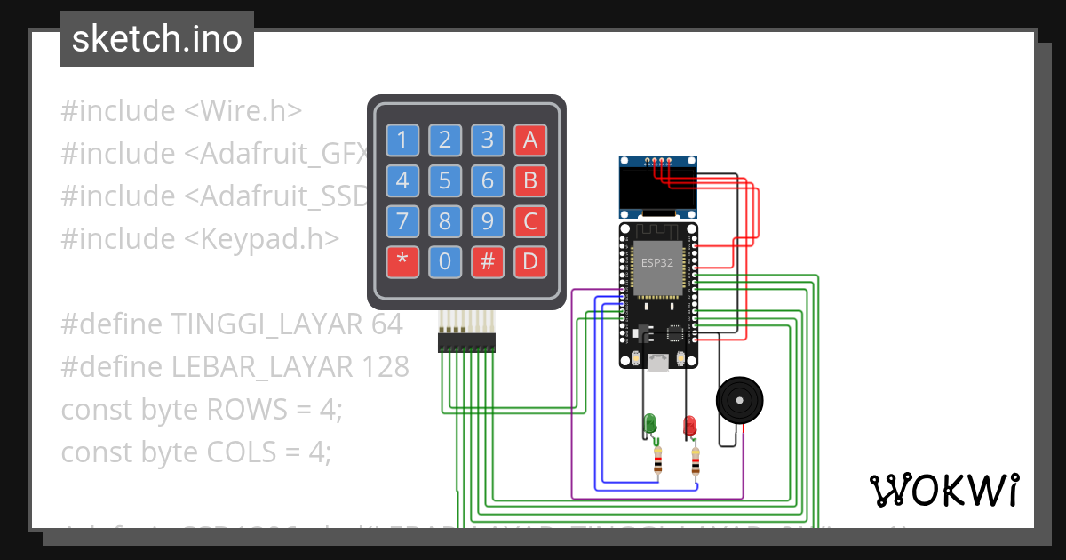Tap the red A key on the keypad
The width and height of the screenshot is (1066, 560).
[530, 140]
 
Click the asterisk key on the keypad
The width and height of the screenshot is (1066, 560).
[402, 262]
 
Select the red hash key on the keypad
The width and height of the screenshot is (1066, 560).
[488, 262]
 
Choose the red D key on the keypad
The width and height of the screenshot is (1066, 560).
[530, 262]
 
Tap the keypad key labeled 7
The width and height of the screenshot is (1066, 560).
[402, 221]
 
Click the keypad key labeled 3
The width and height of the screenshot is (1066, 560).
[488, 140]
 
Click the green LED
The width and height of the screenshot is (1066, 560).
[650, 423]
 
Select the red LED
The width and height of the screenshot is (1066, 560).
[689, 425]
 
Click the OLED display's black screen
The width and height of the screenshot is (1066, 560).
[658, 188]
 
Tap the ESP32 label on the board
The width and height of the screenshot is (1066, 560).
[658, 263]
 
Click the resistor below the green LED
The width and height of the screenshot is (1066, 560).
[657, 461]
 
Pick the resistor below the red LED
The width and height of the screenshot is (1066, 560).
[696, 461]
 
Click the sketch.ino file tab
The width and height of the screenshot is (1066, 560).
[157, 39]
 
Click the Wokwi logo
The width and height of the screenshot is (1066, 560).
[943, 490]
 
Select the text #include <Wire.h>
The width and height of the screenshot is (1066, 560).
[181, 111]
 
